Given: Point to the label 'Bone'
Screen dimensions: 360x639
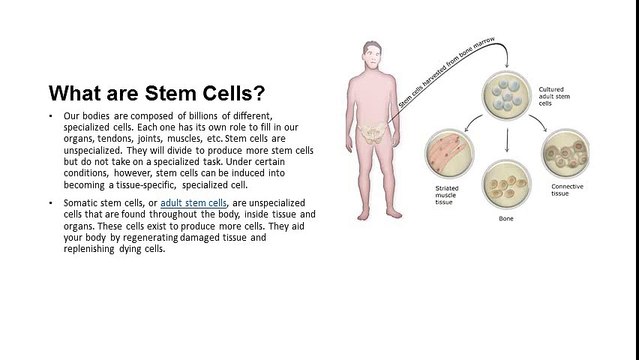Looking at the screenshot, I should pyautogui.click(x=506, y=217).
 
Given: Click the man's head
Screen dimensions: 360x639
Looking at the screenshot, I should pyautogui.click(x=371, y=52).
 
